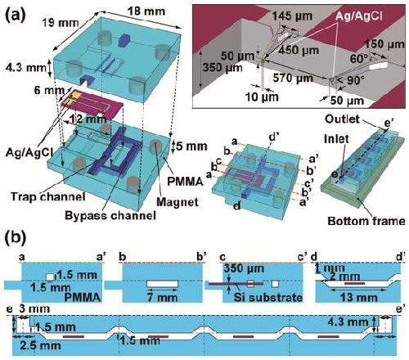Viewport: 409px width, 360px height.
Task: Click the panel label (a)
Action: coord(16,14)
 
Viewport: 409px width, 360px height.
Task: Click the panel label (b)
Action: coord(16,238)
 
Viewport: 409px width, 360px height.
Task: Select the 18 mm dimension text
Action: coord(146,11)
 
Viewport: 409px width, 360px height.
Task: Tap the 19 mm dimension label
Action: coord(60,23)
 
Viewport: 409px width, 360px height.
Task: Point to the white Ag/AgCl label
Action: coord(358,16)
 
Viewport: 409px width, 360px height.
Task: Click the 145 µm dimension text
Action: coord(293,16)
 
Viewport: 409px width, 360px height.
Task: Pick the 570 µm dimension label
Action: coord(294,79)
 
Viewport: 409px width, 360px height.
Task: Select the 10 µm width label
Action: coord(262,97)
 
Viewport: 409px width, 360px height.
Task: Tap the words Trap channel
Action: coord(48,196)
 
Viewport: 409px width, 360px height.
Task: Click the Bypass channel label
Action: coord(110,215)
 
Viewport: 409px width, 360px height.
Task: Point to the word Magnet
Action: coord(178,202)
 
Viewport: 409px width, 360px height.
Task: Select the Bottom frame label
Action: coord(366,221)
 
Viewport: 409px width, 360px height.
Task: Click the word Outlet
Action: coord(342,119)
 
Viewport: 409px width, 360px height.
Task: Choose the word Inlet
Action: coord(336,139)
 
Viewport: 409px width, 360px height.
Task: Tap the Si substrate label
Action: coord(268,297)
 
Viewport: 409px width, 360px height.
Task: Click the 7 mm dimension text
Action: coord(162,296)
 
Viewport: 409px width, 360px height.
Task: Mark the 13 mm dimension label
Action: coord(358,298)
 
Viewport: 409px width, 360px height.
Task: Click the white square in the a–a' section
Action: coord(50,277)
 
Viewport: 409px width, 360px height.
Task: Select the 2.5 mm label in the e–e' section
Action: coord(40,345)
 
